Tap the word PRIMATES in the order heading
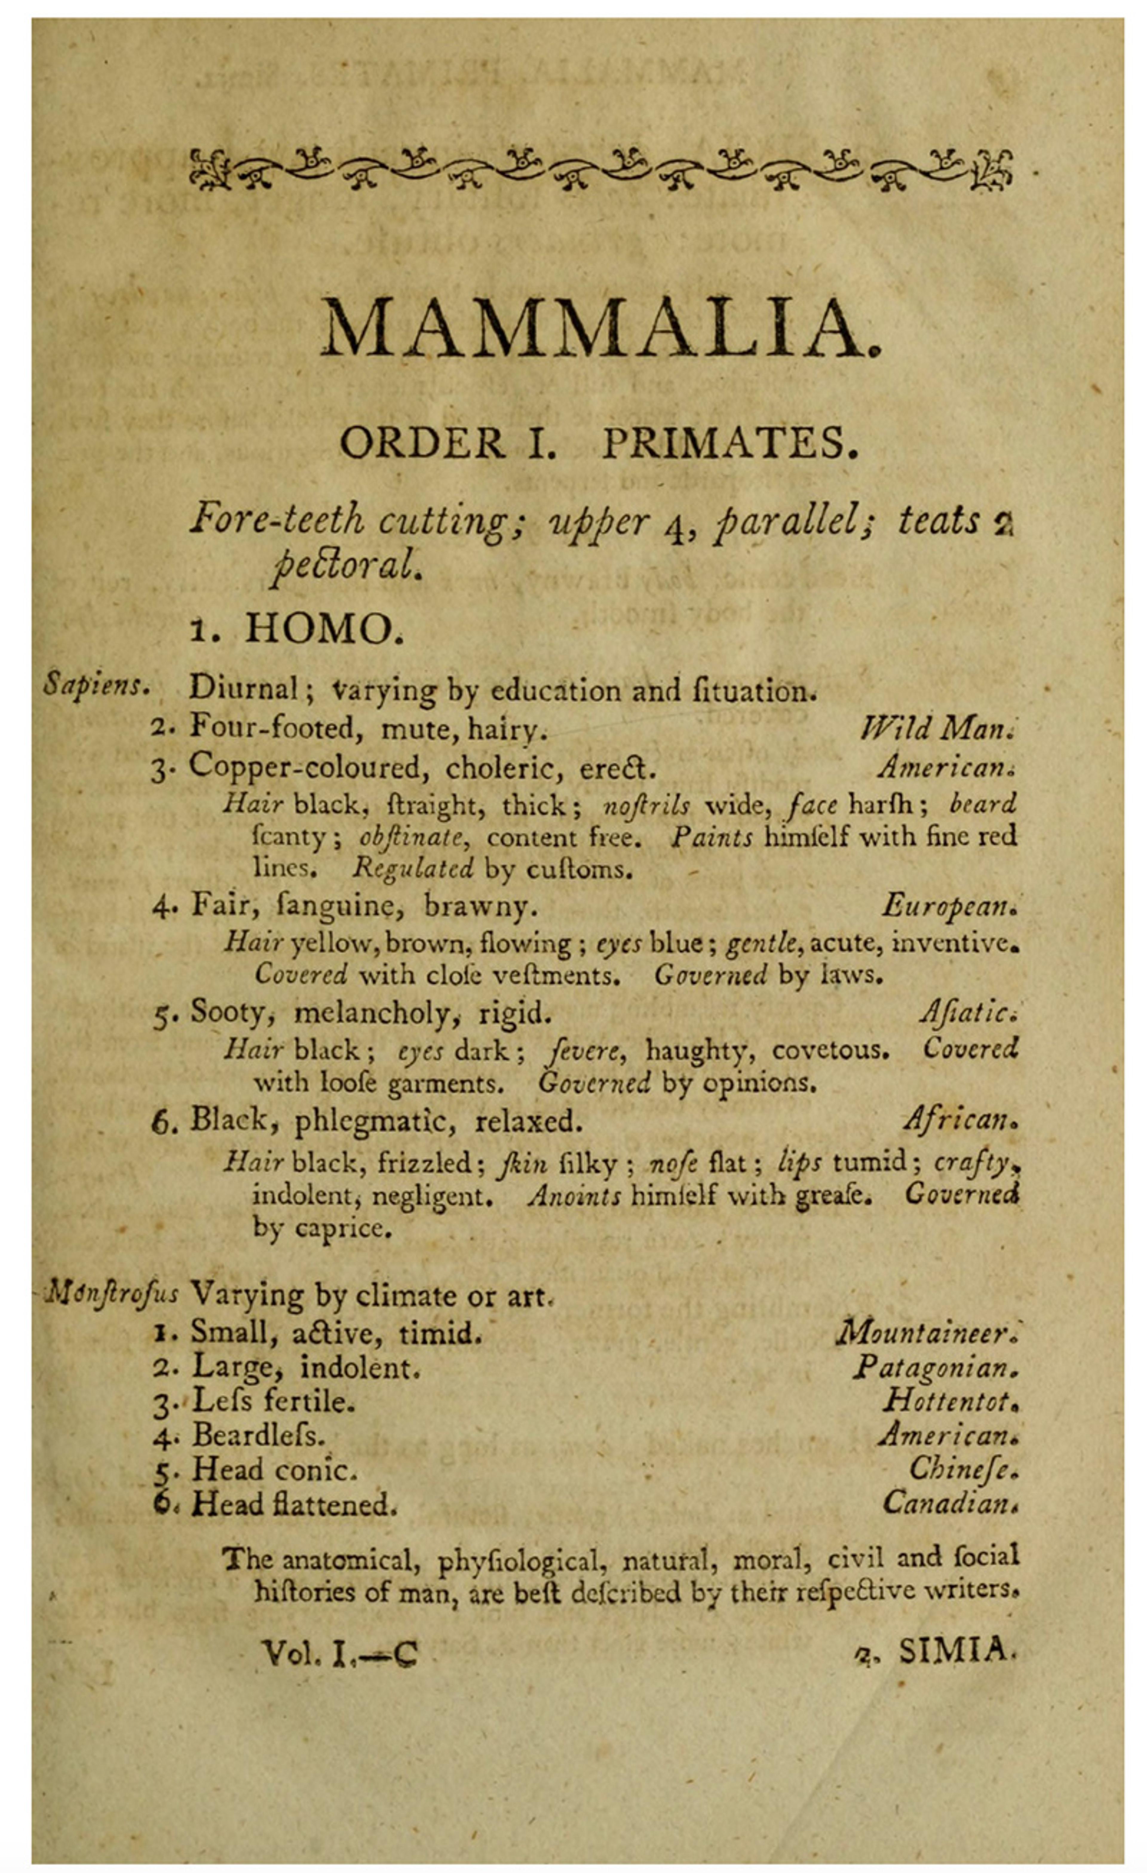730,443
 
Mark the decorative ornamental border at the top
600,169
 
